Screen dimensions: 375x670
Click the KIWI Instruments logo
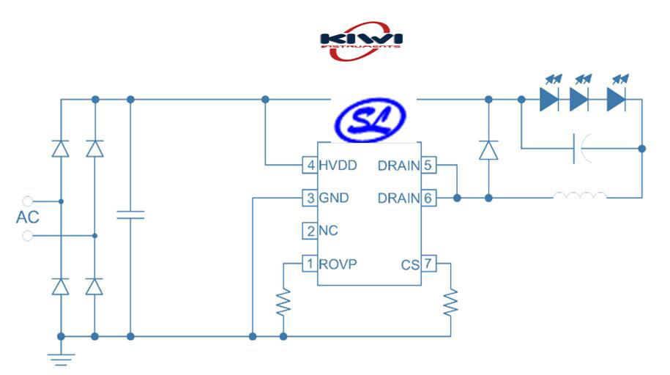pyautogui.click(x=360, y=40)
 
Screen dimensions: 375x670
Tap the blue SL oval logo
pyautogui.click(x=369, y=121)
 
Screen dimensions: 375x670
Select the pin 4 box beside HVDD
pyautogui.click(x=310, y=166)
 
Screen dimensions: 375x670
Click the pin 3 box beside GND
pyautogui.click(x=310, y=198)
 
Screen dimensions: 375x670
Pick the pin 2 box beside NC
pyautogui.click(x=310, y=231)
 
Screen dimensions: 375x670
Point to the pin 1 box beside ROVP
pyautogui.click(x=310, y=263)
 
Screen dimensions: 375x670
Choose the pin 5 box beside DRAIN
pyautogui.click(x=428, y=166)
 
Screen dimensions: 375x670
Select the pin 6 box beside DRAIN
pyautogui.click(x=428, y=198)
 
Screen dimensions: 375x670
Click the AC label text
pyautogui.click(x=27, y=218)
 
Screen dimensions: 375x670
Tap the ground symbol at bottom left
pyautogui.click(x=61, y=357)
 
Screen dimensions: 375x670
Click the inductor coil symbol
pyautogui.click(x=580, y=197)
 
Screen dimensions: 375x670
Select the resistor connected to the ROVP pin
pyautogui.click(x=283, y=302)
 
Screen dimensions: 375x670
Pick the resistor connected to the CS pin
pyautogui.click(x=450, y=301)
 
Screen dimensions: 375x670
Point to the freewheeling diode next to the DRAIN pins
pyautogui.click(x=488, y=150)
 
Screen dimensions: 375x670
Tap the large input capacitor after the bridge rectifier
pyautogui.click(x=130, y=215)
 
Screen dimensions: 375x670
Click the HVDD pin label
pyautogui.click(x=338, y=166)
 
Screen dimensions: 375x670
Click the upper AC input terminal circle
pyautogui.click(x=28, y=201)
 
